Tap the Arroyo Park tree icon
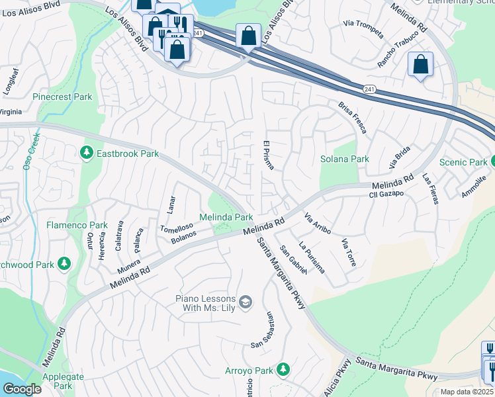pos(284,369)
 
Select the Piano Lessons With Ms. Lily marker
pos(246,302)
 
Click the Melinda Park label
pos(226,217)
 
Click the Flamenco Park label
pos(77,225)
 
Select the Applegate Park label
pos(64,381)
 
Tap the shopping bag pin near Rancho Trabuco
pos(420,65)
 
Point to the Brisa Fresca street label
pos(352,118)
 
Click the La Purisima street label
pos(312,258)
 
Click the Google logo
pos(22,389)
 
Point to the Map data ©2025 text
pos(467,392)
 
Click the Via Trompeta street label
pos(363,24)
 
